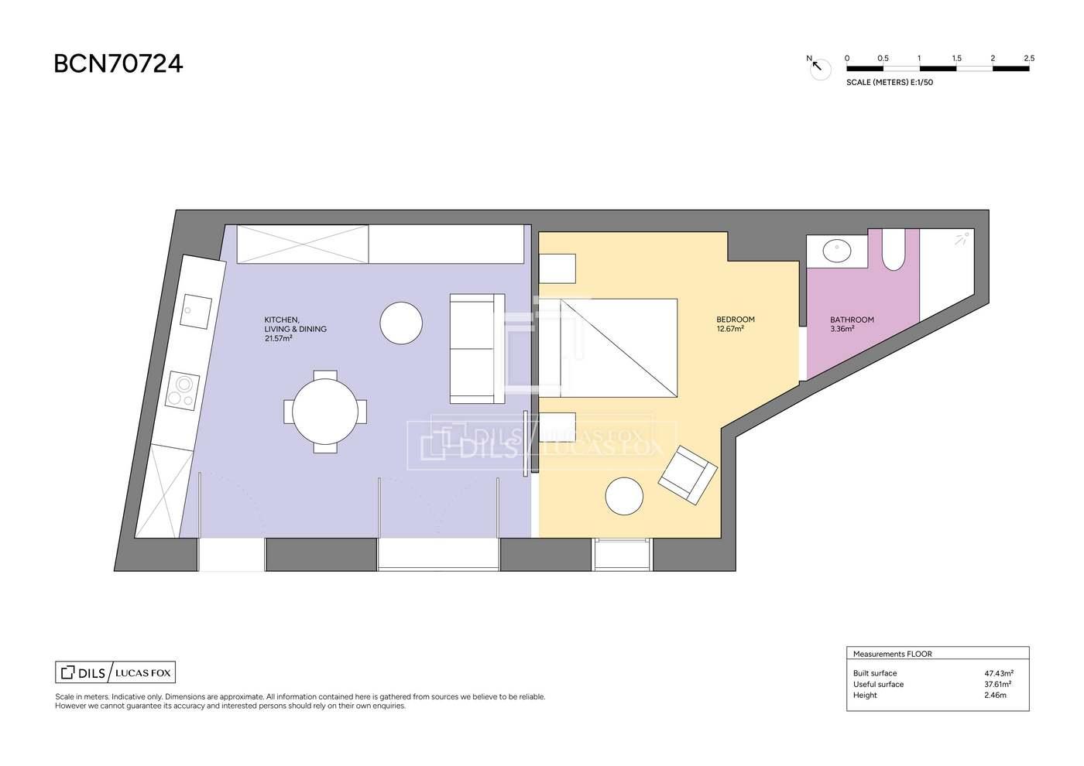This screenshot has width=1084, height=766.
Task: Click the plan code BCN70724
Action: pyautogui.click(x=118, y=63)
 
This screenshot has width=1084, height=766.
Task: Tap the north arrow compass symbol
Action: pyautogui.click(x=819, y=68)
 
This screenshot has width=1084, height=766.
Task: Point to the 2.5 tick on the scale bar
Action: pyautogui.click(x=1029, y=59)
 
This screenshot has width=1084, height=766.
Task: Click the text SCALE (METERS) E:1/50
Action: pyautogui.click(x=890, y=82)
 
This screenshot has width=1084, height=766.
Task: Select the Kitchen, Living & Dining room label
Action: pyautogui.click(x=295, y=329)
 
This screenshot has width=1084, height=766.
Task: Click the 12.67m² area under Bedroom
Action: pyautogui.click(x=729, y=329)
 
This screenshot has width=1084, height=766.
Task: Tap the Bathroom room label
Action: pyautogui.click(x=852, y=320)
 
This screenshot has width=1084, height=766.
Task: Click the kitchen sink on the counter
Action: pyautogui.click(x=196, y=312)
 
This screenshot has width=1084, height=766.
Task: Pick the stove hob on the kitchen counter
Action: pyautogui.click(x=183, y=392)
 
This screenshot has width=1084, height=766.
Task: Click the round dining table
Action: pyautogui.click(x=325, y=412)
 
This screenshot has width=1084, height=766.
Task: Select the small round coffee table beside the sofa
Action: pyautogui.click(x=401, y=323)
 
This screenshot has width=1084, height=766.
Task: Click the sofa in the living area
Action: pyautogui.click(x=477, y=349)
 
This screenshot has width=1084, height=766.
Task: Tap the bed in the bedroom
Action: pyautogui.click(x=609, y=348)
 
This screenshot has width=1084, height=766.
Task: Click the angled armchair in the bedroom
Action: pyautogui.click(x=688, y=475)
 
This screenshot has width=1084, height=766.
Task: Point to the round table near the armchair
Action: pyautogui.click(x=624, y=496)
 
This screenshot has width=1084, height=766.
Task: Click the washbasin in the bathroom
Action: pyautogui.click(x=837, y=251)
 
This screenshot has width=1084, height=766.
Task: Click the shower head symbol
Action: pyautogui.click(x=962, y=238)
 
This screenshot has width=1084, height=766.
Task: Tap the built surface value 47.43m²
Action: pyautogui.click(x=999, y=673)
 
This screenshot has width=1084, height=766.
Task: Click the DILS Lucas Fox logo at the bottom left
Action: pyautogui.click(x=115, y=672)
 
